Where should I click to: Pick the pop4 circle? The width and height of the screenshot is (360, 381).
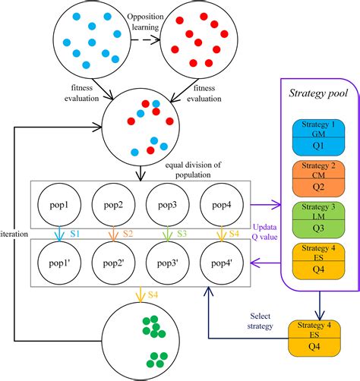pyautogui.click(x=223, y=206)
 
